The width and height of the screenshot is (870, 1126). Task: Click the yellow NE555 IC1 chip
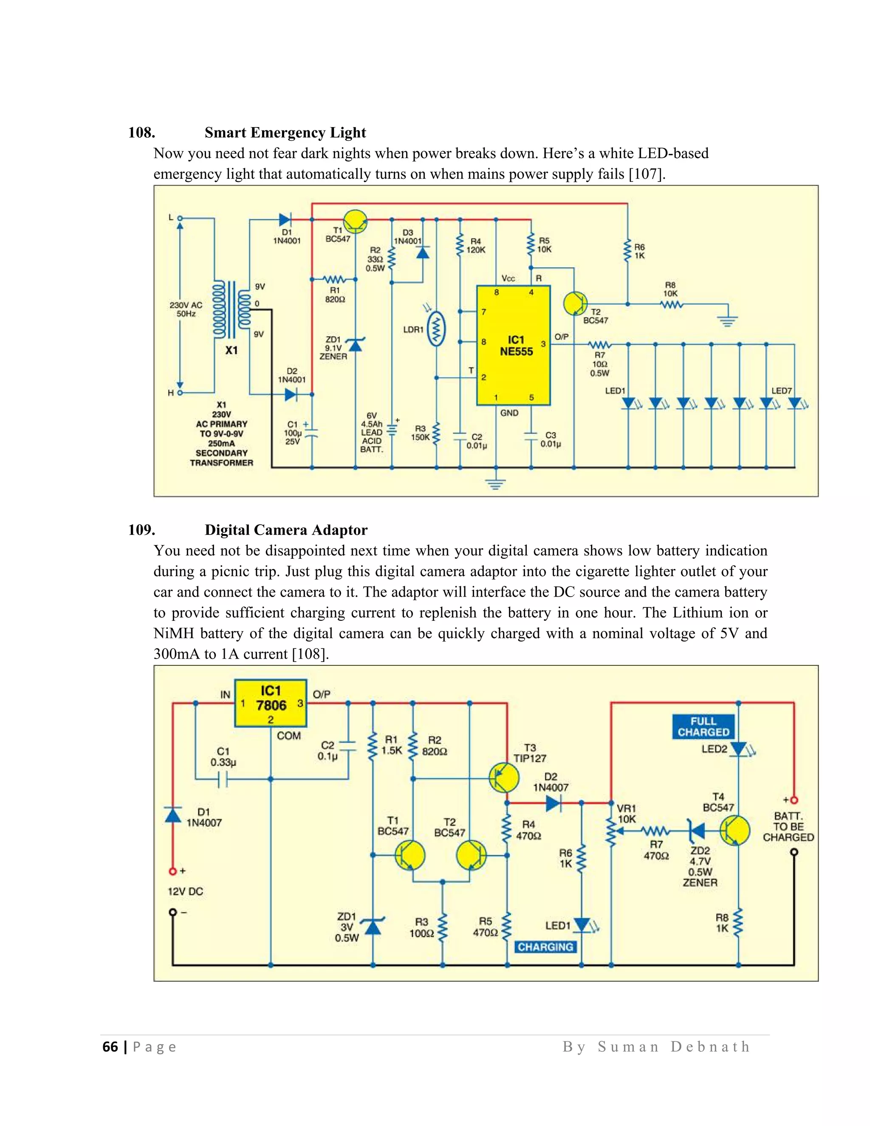(x=513, y=345)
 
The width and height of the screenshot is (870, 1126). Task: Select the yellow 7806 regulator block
(x=271, y=703)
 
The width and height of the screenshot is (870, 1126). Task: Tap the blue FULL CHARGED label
(x=703, y=727)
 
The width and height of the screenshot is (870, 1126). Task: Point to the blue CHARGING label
(x=545, y=947)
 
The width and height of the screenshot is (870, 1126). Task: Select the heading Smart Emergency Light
(x=285, y=133)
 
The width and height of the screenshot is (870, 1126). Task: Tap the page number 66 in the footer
(x=110, y=1047)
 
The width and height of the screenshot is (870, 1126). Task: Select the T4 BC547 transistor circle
(x=734, y=831)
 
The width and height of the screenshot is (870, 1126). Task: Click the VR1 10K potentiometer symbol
(x=611, y=831)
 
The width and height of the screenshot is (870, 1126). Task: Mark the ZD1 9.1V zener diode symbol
(x=355, y=345)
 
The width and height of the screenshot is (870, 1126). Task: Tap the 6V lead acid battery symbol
(x=392, y=430)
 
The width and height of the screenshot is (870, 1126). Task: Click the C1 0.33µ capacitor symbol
(x=223, y=779)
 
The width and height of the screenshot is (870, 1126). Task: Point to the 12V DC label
(x=186, y=891)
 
